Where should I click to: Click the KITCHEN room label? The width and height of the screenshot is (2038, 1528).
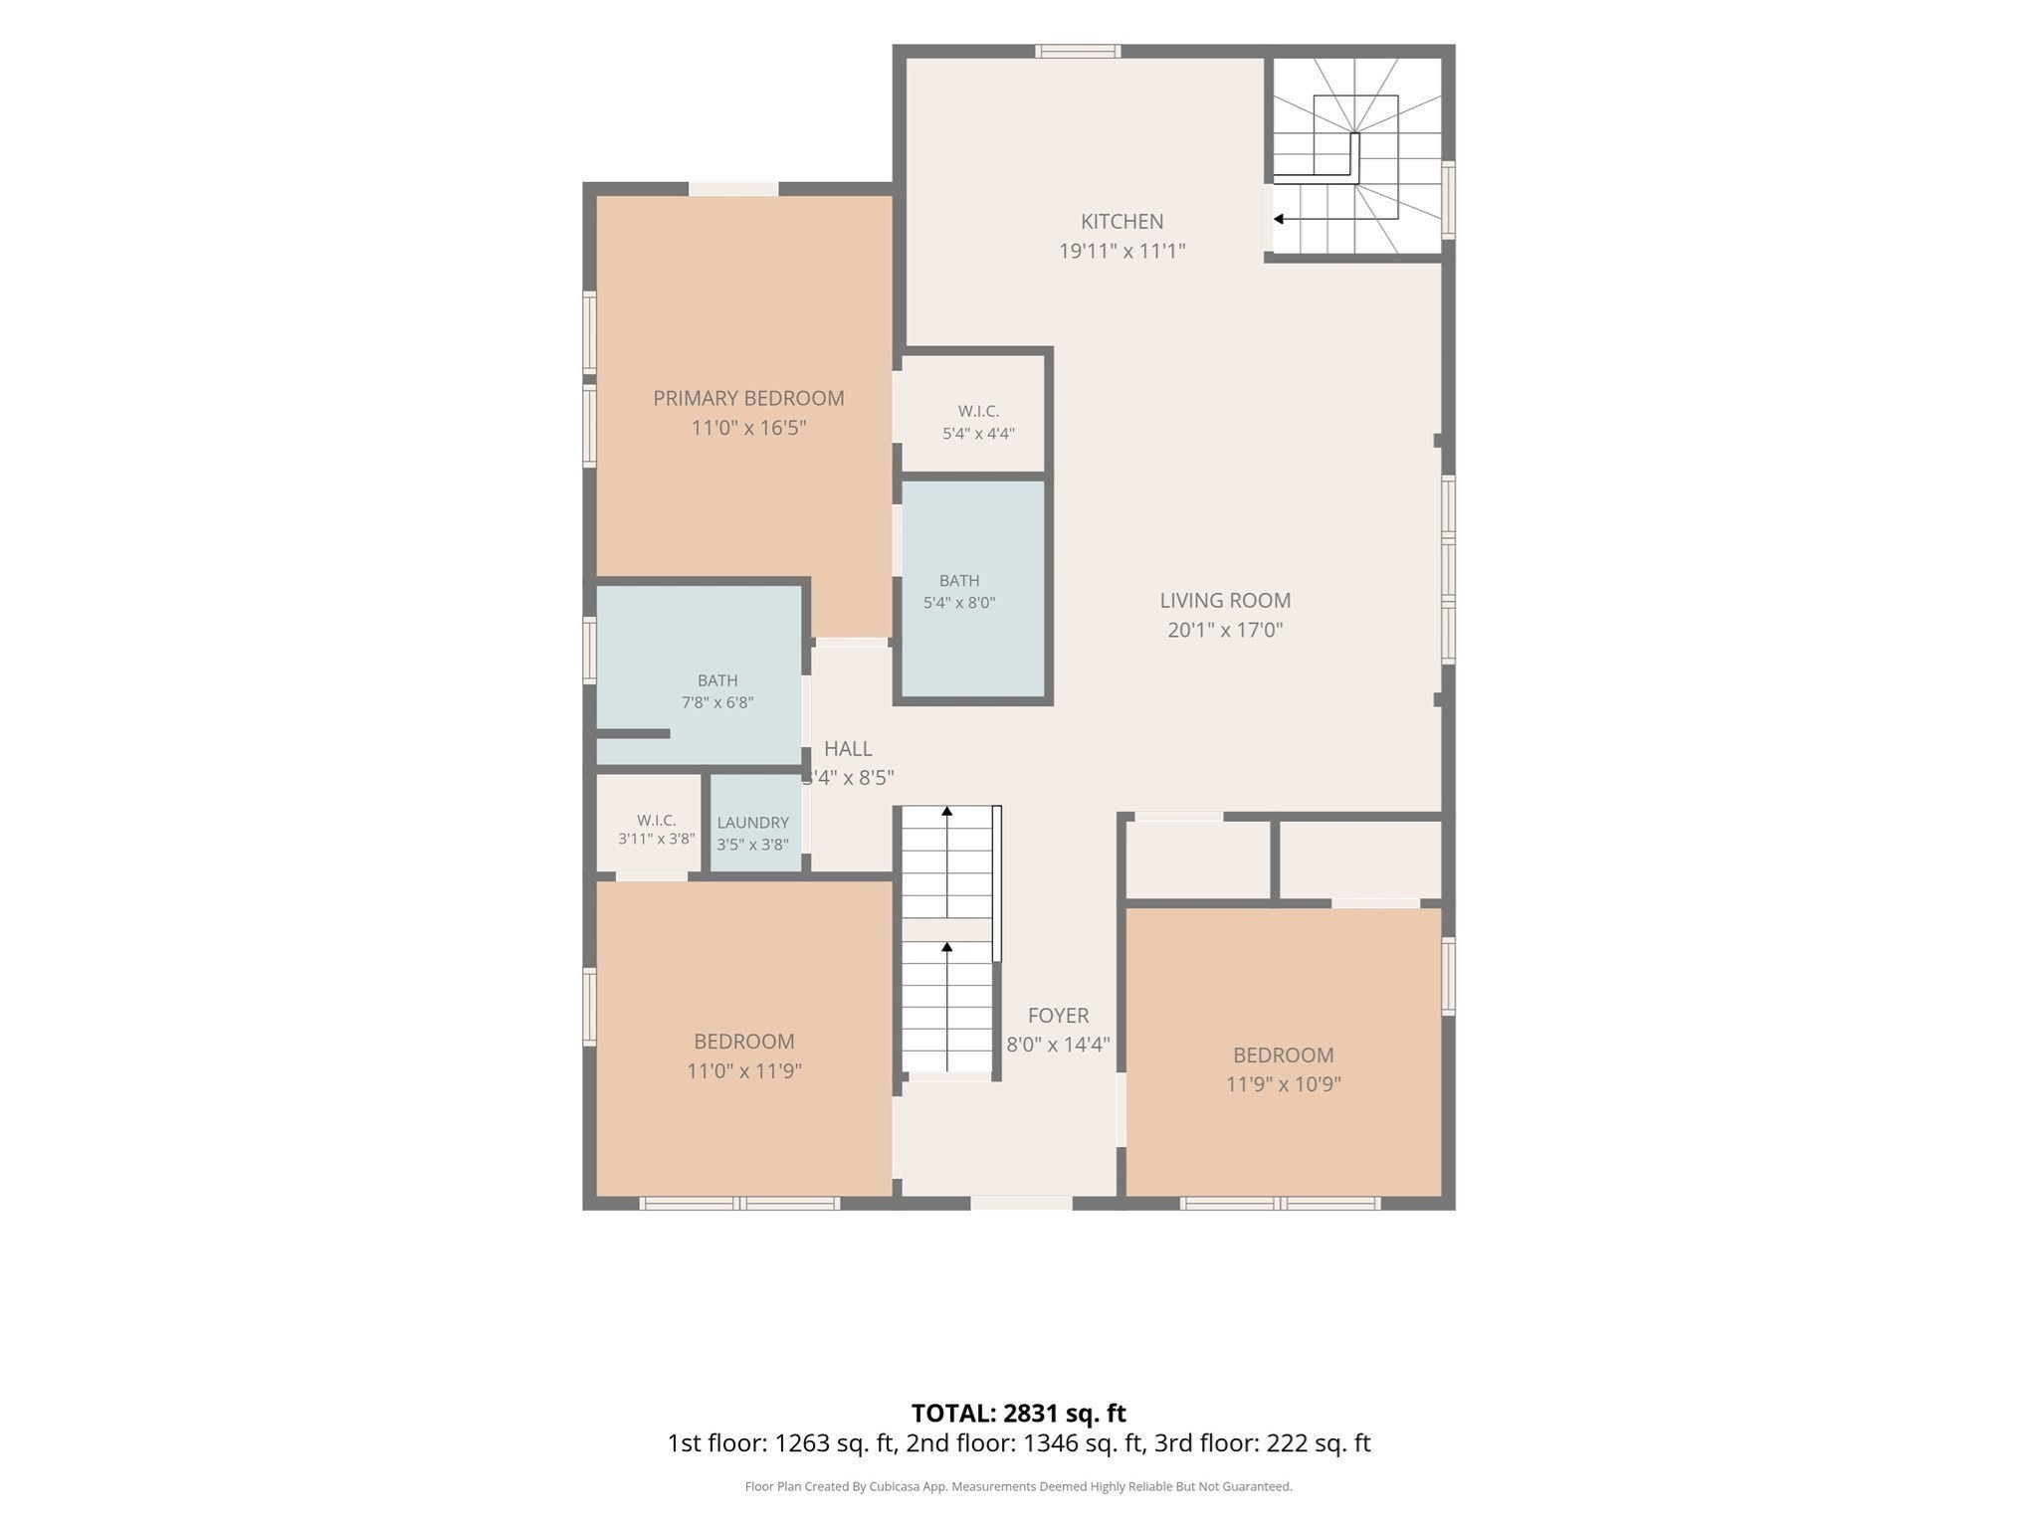1121,222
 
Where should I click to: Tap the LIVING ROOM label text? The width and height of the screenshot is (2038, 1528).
1225,601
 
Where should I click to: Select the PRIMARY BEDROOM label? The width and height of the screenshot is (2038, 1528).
748,399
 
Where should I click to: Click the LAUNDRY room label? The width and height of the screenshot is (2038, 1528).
752,823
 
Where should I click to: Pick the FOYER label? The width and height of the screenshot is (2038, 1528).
1058,1016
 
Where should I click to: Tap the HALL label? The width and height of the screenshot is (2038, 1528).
848,749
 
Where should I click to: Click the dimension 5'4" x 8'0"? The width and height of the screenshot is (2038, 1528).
959,603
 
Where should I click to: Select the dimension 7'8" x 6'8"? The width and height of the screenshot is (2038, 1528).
717,703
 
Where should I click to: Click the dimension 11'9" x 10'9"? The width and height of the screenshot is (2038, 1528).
1283,1084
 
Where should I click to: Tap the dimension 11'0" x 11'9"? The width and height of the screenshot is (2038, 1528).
744,1071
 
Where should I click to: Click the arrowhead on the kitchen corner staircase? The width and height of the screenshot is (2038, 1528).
1279,219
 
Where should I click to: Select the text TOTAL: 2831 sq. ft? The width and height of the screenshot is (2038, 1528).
1019,1414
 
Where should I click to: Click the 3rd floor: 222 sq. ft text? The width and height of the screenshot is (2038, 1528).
1263,1443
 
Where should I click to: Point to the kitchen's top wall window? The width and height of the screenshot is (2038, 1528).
1078,52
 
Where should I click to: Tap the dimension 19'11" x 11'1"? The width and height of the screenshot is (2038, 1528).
1121,252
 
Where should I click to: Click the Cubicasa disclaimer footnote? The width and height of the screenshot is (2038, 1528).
1019,1487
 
